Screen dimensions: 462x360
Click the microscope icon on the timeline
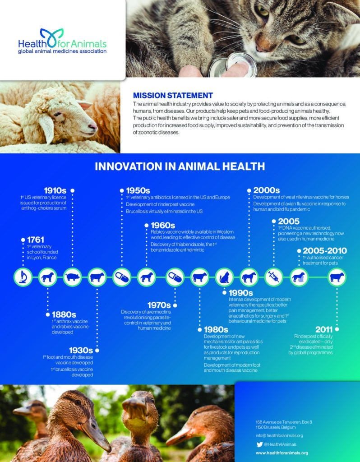pos(23,277)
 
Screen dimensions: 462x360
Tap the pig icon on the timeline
pos(72,277)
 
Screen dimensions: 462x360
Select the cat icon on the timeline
pos(224,277)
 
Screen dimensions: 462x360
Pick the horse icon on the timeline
pos(249,277)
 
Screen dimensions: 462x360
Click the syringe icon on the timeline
pos(273,277)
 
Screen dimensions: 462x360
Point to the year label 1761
pos(35,240)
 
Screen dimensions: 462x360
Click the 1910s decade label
pos(55,190)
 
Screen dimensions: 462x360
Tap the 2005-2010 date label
pos(324,250)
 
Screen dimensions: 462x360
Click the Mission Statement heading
pos(173,95)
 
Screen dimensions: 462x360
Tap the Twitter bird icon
pos(259,444)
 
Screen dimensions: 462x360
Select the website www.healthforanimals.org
pos(282,453)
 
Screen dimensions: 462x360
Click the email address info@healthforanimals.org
pos(279,435)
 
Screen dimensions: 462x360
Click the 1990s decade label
pos(241,293)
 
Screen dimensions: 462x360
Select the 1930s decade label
pos(81,350)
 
